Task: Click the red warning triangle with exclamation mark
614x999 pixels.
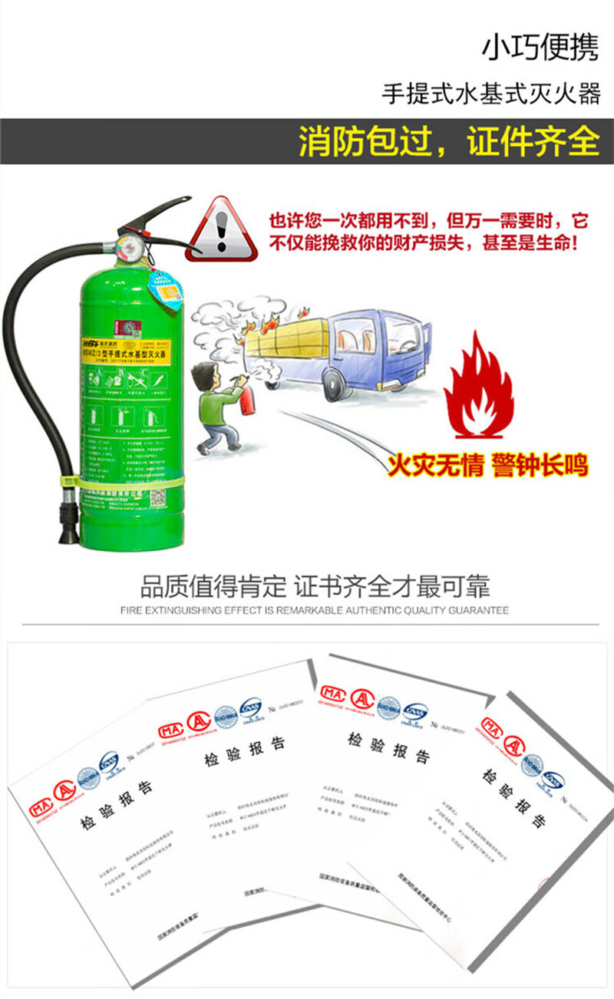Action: click(x=223, y=229)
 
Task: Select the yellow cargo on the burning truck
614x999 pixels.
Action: click(x=289, y=335)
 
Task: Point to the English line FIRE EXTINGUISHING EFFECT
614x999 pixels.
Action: click(x=315, y=611)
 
